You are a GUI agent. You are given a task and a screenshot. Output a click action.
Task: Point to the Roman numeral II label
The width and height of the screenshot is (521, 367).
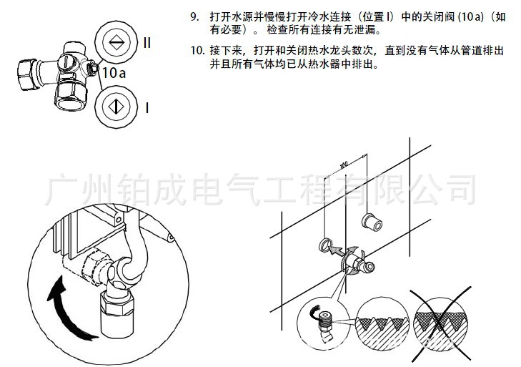[x=147, y=42]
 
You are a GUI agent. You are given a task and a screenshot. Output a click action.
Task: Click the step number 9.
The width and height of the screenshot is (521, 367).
[x=194, y=16]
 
